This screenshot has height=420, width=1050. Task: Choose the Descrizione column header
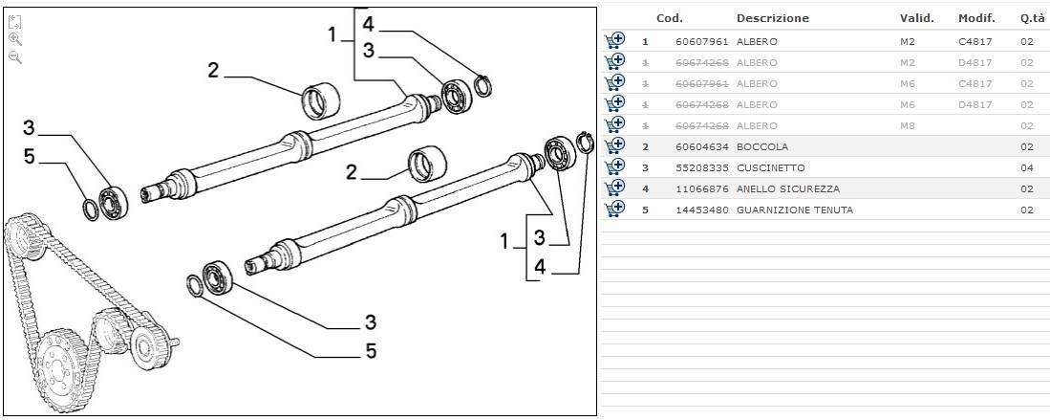coord(773,18)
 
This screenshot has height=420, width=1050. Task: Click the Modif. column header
coord(976,18)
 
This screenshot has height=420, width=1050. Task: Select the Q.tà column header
coord(1030,18)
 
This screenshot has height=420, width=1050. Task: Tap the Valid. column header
coord(916,18)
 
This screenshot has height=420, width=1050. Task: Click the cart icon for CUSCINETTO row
coord(614,167)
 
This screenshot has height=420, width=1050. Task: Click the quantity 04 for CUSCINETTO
coord(1027,168)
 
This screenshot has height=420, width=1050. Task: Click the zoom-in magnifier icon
coord(15,39)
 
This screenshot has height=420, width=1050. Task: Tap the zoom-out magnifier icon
coord(15,57)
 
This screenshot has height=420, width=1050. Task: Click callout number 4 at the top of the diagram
coord(368,26)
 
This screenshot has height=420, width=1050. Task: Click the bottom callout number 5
coord(371,351)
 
